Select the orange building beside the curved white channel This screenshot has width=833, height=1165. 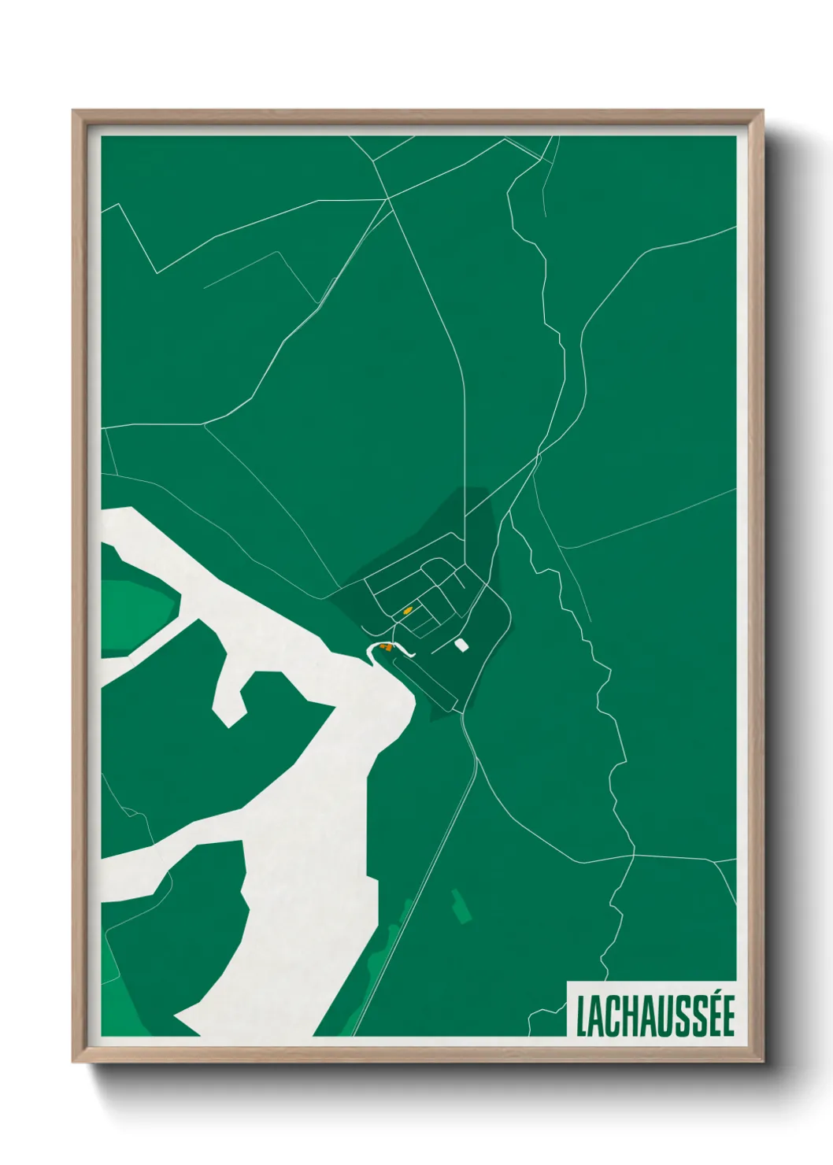[x=385, y=646]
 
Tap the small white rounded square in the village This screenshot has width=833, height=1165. [x=461, y=645]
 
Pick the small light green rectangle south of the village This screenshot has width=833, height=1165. [x=461, y=906]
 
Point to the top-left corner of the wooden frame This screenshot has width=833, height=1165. [x=73, y=111]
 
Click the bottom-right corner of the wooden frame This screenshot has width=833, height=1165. [x=761, y=1061]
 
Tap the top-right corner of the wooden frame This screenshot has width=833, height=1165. [x=761, y=111]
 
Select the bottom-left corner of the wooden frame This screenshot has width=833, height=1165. [x=73, y=1061]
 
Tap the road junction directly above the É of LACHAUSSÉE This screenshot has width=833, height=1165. [x=714, y=860]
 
